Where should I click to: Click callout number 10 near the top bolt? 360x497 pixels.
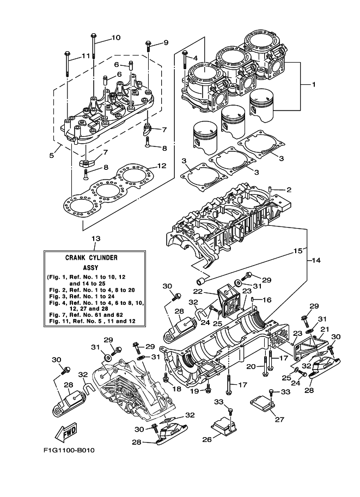[x=115, y=38]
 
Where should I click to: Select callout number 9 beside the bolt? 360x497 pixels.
[x=166, y=43]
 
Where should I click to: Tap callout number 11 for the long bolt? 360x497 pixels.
[x=86, y=56]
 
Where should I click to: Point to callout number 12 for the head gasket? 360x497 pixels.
[x=161, y=165]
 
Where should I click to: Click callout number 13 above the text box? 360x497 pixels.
[x=96, y=238]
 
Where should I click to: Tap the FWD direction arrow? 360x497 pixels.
[x=67, y=433]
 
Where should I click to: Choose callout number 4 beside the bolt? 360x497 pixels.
[x=194, y=57]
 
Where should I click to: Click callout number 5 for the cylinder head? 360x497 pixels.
[x=51, y=155]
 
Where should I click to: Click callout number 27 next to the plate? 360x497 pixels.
[x=279, y=419]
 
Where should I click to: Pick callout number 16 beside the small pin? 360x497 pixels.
[x=267, y=299]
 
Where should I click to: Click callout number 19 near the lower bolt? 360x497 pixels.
[x=194, y=391]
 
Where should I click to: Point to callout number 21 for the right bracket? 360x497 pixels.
[x=324, y=329]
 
